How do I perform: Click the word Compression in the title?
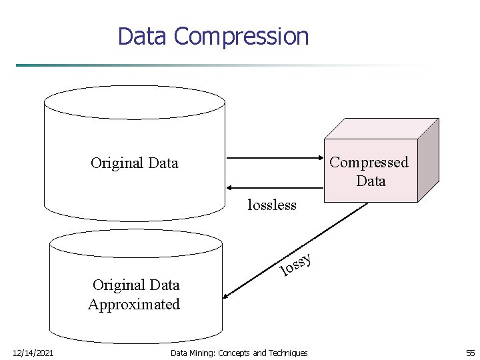[x=241, y=36]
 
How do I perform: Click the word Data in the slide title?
[x=143, y=36]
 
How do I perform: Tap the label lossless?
[x=271, y=205]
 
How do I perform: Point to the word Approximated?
[x=134, y=305]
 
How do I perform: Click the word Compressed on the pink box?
[x=369, y=162]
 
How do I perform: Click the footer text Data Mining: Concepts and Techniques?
[x=239, y=353]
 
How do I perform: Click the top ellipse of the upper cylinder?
[x=134, y=102]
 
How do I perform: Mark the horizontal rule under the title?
[x=227, y=65]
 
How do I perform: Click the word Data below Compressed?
[x=371, y=181]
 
